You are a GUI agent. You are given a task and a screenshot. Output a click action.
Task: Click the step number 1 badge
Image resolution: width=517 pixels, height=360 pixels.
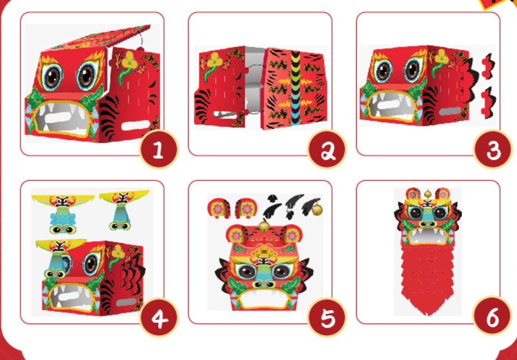[x=159, y=149]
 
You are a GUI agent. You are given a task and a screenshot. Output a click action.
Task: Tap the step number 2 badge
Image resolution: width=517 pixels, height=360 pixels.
[x=327, y=149]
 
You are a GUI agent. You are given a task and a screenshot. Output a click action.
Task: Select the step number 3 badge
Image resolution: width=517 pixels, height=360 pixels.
[x=493, y=149]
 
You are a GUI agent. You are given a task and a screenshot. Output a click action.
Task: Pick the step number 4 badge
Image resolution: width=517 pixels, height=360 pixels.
[x=159, y=317]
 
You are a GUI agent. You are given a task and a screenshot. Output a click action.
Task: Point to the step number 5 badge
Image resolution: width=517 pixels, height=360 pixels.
[x=327, y=317]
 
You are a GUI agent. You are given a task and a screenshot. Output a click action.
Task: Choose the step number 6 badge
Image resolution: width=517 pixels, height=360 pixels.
[x=493, y=317]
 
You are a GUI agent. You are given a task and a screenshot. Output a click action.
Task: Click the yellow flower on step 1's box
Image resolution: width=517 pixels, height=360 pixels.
[x=130, y=60]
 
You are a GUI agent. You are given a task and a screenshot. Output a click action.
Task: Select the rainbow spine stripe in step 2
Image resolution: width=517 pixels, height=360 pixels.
[x=296, y=88]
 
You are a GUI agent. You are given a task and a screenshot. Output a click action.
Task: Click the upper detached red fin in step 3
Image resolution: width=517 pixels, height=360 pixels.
[x=488, y=66]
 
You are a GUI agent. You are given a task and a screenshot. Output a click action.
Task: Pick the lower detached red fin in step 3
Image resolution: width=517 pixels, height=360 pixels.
[x=488, y=103]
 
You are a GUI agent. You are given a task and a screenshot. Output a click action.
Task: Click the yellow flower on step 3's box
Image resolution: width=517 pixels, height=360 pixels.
[x=441, y=56]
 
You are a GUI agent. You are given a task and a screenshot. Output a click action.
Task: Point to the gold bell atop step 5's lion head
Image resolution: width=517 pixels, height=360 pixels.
[x=264, y=226]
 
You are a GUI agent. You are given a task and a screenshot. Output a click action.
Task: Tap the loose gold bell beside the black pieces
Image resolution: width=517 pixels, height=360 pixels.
[x=317, y=210]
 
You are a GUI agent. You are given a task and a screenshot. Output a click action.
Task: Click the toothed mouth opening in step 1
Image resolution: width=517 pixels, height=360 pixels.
[x=62, y=118]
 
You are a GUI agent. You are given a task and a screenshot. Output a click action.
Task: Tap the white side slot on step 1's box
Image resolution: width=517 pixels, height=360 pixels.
[x=136, y=125]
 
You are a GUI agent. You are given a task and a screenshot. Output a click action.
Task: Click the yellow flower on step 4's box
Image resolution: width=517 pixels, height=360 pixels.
[x=118, y=252]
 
